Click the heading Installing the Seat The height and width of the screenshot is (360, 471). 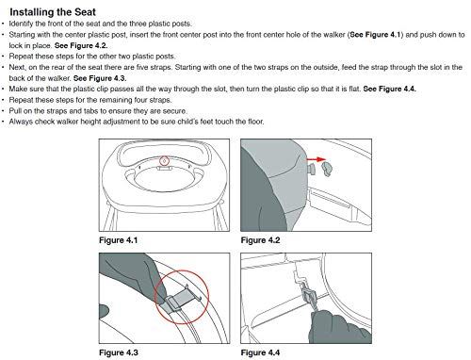coord(53,12)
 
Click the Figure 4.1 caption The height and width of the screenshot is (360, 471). coord(119,240)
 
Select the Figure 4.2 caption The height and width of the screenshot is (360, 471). coord(260,240)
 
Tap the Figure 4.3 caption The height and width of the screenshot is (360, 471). coord(119,352)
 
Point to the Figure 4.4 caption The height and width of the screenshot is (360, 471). coord(260,352)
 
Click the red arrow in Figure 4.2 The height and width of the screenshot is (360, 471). coord(317,159)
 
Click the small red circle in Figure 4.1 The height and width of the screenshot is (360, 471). coord(164,161)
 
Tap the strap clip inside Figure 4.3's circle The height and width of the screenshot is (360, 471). coord(178,300)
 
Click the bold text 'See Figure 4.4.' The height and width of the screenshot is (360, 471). coord(390,89)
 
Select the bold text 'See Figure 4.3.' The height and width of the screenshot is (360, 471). coord(100,78)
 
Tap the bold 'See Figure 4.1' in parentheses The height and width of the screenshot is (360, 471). coord(375,35)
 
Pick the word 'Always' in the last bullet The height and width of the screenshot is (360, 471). coord(21,122)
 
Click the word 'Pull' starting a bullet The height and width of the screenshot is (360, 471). coord(15,111)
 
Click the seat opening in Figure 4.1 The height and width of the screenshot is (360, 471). coord(163,180)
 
